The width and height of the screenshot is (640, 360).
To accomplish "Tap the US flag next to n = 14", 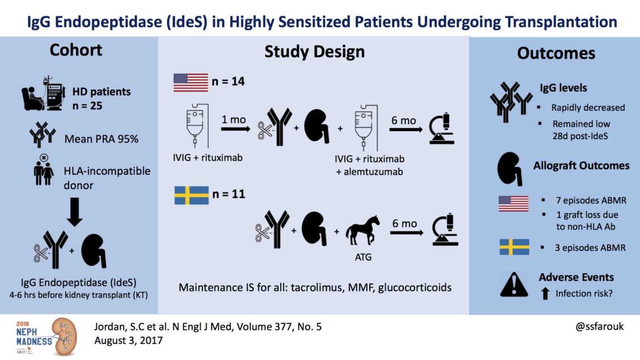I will coord(190,83).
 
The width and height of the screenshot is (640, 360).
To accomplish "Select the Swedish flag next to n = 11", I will coord(190,195).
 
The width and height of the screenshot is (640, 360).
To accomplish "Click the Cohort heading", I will coord(76,50).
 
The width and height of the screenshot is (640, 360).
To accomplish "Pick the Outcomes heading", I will coord(556,53).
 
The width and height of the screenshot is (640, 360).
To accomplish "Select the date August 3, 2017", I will coord(123,341).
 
